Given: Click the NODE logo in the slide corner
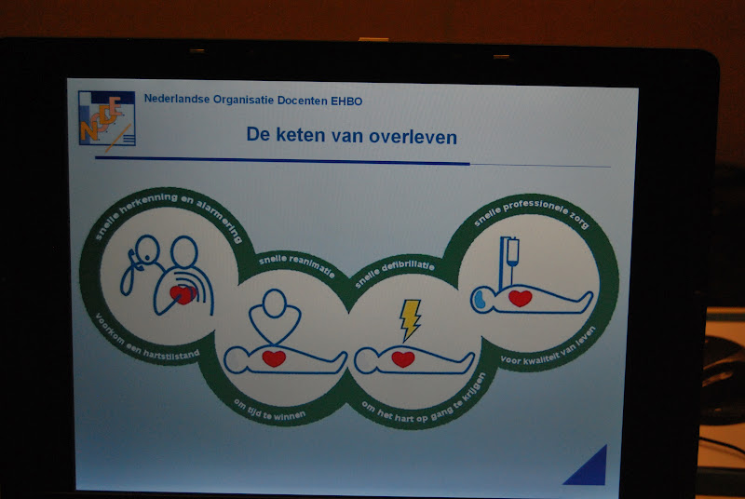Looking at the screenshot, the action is tap(107, 118).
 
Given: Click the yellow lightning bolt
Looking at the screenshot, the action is tap(410, 319).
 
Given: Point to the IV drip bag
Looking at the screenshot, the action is tap(512, 251).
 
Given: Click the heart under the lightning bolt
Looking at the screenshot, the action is tap(403, 359).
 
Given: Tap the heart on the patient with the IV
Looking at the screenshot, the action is tap(521, 298).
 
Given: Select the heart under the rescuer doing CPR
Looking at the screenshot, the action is tap(274, 358).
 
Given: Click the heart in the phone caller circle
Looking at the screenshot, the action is tap(183, 295).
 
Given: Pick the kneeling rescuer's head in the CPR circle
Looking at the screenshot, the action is tap(275, 303).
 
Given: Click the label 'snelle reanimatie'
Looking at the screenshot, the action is tap(296, 264).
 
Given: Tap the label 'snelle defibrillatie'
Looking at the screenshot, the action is tap(394, 272).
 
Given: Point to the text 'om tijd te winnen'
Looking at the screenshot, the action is tap(269, 411).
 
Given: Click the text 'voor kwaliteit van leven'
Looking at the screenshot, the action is tap(549, 346).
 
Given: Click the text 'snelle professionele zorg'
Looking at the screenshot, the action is tap(532, 212).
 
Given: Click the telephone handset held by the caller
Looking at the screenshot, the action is tap(129, 272).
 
